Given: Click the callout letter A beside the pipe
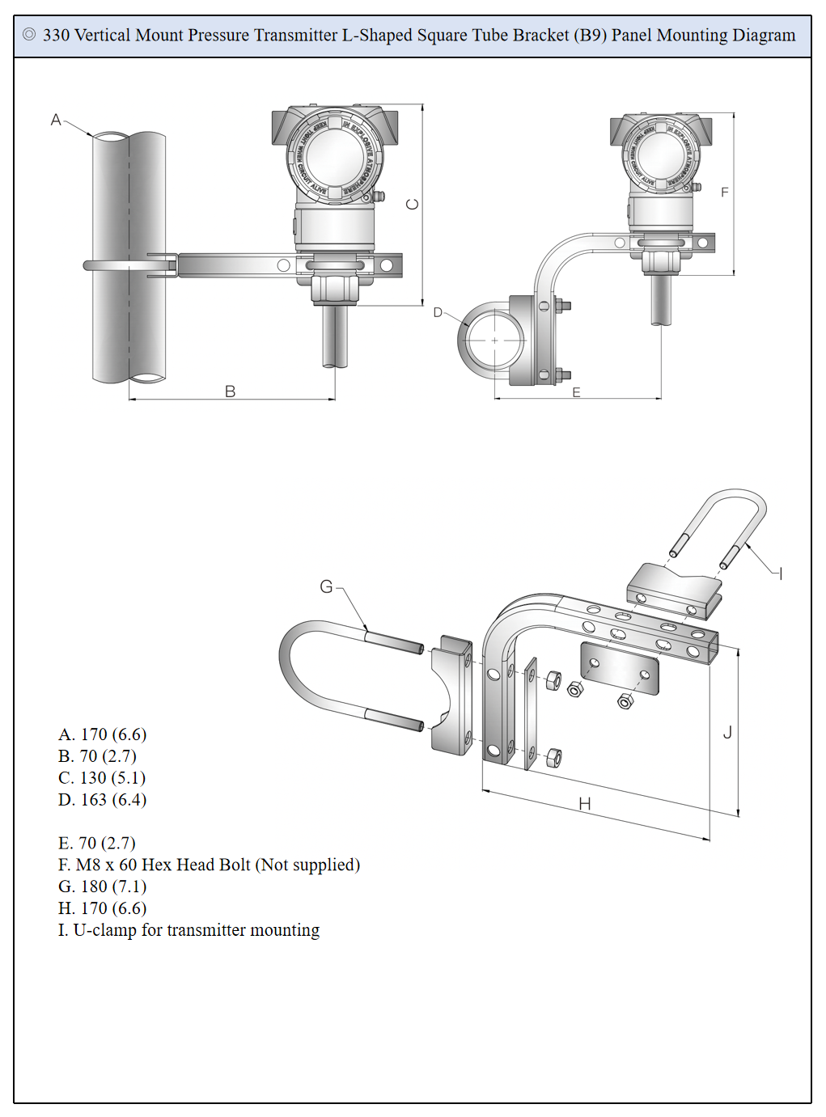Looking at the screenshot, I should point(56,121).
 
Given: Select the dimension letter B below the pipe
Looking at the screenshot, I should point(231,391).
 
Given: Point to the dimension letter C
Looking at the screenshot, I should point(413,204).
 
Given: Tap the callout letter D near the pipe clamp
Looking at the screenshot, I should point(438,312).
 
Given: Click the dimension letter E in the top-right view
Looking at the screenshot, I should point(576,392).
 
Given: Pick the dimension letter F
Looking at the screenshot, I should point(724,193).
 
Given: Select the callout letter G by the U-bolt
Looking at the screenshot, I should point(327,586).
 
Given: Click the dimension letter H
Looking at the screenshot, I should point(585,803).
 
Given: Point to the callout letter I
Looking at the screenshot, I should point(780,574).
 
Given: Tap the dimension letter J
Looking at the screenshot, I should point(727,733).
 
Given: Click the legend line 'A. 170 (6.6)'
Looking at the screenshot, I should point(103,734).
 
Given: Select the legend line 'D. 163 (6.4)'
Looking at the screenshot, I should point(103,800).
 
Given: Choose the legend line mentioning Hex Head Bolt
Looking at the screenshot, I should point(209,865).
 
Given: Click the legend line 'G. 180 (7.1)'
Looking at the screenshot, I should point(103,886).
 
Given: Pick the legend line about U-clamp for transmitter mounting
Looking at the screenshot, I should point(188,930).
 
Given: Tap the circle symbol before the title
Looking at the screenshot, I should point(29,35).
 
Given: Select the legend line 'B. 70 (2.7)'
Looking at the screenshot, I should point(98,756).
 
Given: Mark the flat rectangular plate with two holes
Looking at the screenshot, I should point(620,669).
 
